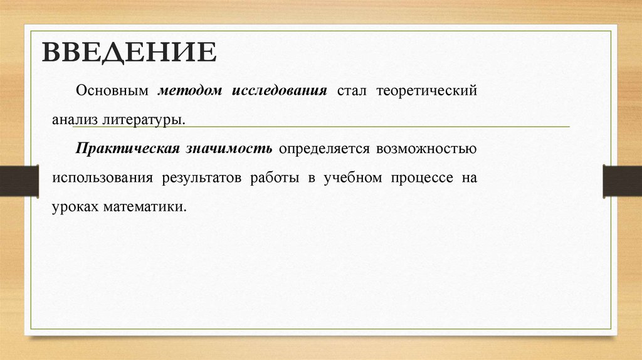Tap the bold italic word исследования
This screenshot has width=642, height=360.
click(280, 90)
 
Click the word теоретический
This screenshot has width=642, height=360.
click(426, 90)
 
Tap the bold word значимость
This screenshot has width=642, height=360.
click(229, 149)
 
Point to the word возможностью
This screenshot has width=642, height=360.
click(427, 149)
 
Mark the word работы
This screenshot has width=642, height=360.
click(274, 177)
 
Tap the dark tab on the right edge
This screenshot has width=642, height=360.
click(623, 181)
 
